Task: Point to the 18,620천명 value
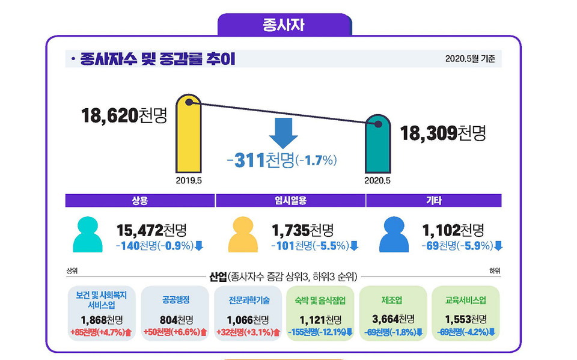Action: (x=124, y=115)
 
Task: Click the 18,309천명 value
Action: (x=442, y=133)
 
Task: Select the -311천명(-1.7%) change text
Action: (x=282, y=160)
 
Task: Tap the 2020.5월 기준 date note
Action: (x=470, y=59)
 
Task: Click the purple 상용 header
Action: (x=139, y=201)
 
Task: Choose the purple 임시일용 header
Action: (x=290, y=201)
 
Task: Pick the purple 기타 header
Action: (x=433, y=201)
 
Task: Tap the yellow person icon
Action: (x=242, y=235)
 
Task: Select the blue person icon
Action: (x=394, y=235)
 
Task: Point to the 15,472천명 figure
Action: (x=151, y=230)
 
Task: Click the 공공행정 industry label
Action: (x=176, y=300)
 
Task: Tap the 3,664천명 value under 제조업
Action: (x=393, y=319)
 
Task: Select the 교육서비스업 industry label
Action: (x=466, y=300)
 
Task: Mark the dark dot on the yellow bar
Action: (x=189, y=103)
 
